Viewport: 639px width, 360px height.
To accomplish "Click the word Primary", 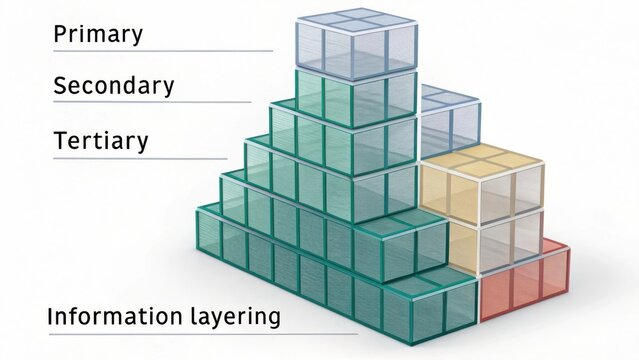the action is (x=98, y=34).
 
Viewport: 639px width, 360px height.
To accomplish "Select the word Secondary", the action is (x=113, y=86).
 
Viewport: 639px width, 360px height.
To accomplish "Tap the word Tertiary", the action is (x=101, y=141).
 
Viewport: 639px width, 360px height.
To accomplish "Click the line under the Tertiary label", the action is (x=140, y=158).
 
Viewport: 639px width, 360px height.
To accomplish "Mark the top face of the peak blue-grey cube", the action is (x=357, y=20).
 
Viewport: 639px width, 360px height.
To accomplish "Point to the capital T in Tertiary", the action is (x=61, y=141).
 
